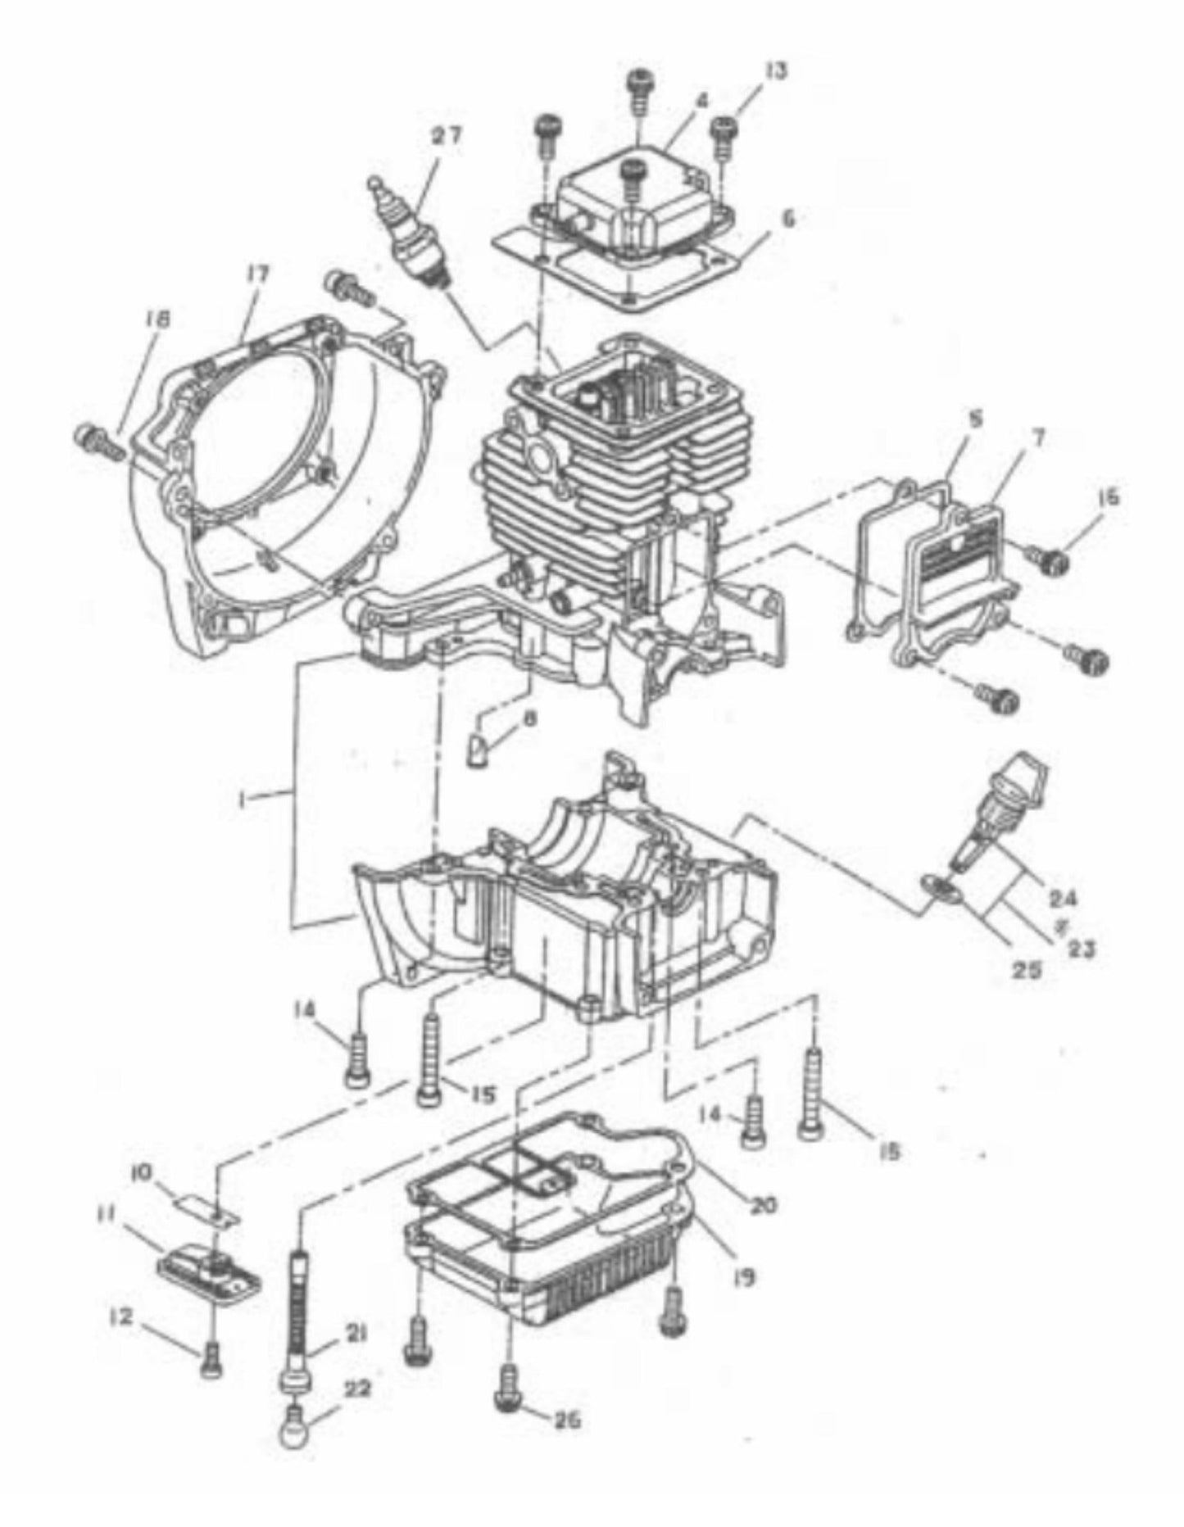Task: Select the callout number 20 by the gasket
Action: point(765,1204)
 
